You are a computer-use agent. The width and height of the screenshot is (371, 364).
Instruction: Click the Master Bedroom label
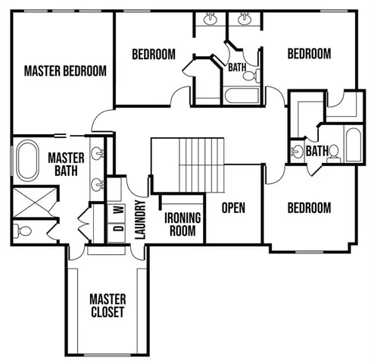(x=64, y=71)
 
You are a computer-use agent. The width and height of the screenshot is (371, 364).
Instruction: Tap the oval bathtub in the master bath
(x=26, y=162)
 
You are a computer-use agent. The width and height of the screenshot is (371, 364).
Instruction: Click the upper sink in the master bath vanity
(x=97, y=154)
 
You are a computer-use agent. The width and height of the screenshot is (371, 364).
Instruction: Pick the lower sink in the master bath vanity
(x=97, y=184)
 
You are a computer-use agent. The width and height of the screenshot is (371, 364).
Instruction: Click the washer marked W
(x=117, y=209)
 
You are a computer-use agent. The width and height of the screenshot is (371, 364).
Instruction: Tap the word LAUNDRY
(x=139, y=220)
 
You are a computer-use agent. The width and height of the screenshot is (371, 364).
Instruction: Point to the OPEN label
(x=233, y=208)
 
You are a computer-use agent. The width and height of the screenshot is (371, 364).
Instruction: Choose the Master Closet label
(x=108, y=305)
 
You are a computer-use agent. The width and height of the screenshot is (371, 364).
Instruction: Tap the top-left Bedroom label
(x=154, y=55)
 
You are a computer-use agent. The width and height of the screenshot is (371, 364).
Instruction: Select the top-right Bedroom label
(x=309, y=54)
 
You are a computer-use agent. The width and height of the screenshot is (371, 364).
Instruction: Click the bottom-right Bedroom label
(x=309, y=208)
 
